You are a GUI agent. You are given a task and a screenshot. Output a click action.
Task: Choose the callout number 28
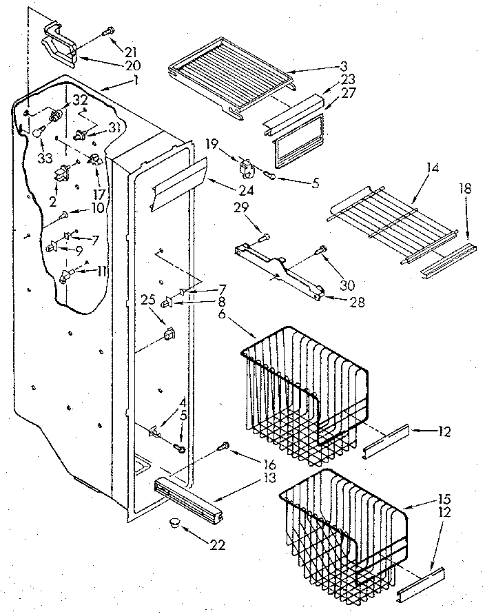coord(338,300)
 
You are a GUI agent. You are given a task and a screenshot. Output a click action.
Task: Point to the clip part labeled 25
coord(168,334)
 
